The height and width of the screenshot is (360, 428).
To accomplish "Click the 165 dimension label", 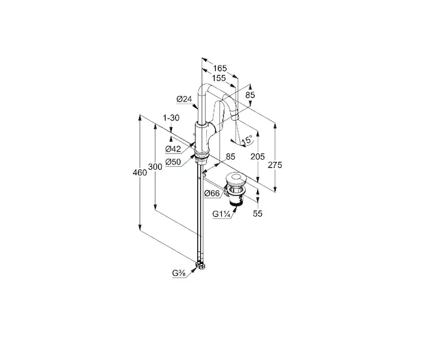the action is [x=220, y=68].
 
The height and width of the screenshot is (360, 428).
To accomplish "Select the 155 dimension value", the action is [x=219, y=79].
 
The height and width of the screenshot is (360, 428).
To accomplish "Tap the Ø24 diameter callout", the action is [x=184, y=99].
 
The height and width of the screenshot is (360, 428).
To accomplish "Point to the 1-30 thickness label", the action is [x=171, y=118].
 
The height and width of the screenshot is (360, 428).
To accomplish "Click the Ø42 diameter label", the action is [x=173, y=149].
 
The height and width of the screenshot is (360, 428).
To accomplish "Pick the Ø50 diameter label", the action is [x=173, y=162].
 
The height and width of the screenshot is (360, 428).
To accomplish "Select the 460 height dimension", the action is [x=140, y=173].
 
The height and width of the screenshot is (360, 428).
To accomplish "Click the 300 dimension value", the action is [x=155, y=167].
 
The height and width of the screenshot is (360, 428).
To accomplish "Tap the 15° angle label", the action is [x=247, y=140].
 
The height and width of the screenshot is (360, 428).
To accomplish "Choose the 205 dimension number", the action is [x=258, y=157].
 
